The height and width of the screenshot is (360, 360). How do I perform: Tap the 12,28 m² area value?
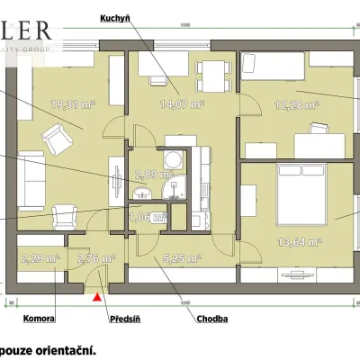click(301, 104)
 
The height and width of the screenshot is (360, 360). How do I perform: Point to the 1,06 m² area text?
click(148, 217)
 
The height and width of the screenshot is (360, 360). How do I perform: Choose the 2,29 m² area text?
click(39, 259)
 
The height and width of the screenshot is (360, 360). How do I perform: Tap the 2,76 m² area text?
click(95, 259)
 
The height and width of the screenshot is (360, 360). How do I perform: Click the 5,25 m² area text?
click(184, 259)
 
